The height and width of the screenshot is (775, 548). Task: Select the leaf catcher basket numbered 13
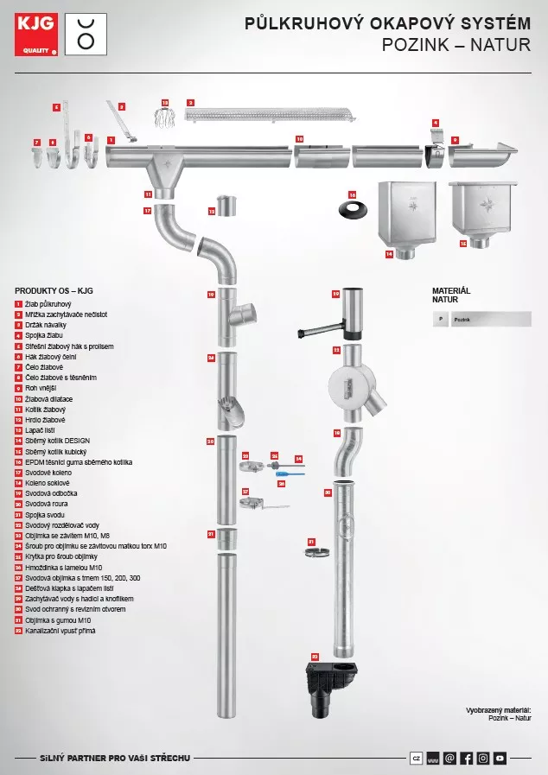(166, 118)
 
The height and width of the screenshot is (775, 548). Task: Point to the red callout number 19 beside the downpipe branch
(211, 295)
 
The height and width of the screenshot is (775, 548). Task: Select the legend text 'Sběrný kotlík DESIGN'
(57, 441)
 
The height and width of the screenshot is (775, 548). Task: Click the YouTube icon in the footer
(500, 758)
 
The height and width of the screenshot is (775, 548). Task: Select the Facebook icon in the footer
(466, 758)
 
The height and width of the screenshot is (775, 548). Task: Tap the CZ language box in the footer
(417, 758)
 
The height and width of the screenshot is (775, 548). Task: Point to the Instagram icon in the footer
(483, 758)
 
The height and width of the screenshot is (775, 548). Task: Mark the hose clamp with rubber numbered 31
(318, 551)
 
